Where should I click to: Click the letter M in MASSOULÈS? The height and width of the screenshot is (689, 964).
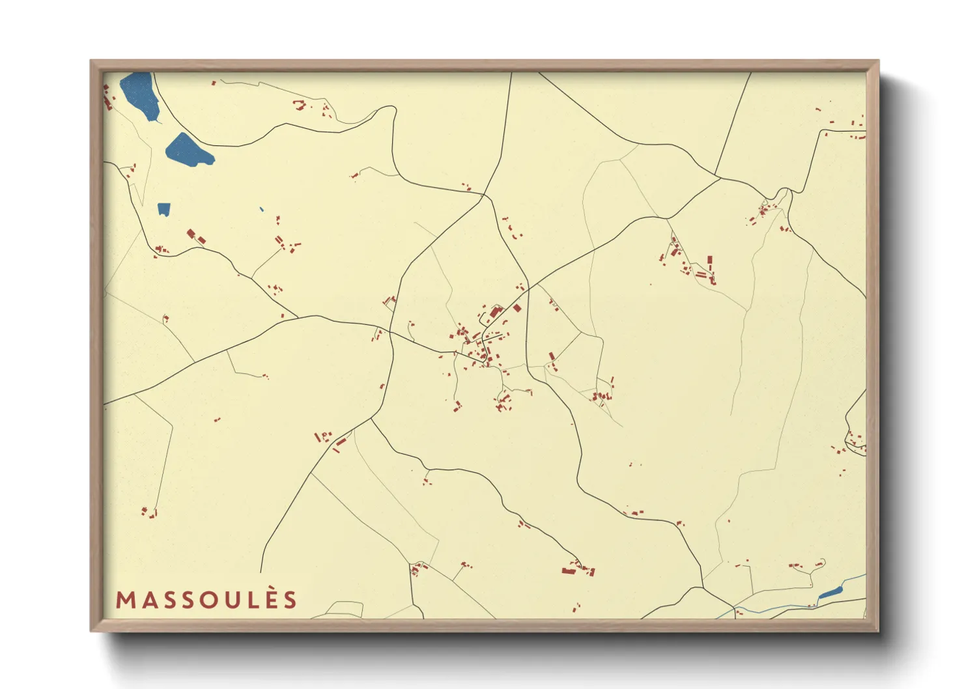[126, 600]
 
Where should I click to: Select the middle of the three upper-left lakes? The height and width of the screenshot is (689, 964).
[188, 151]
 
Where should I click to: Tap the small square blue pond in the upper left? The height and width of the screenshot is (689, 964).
[163, 209]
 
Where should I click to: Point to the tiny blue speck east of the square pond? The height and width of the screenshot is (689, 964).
[261, 209]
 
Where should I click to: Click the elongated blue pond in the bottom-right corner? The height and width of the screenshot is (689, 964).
[830, 593]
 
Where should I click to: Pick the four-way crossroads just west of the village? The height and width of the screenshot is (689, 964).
[391, 331]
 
